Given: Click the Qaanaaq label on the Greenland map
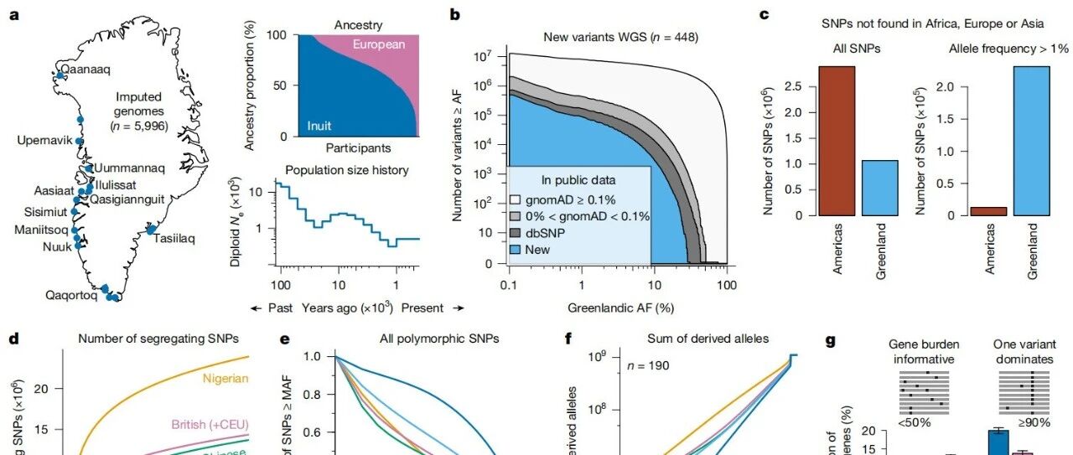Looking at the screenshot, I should (87, 70).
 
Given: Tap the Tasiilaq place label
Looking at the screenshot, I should (174, 239).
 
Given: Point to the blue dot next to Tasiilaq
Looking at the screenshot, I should (151, 229).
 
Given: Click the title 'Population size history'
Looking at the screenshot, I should (347, 170).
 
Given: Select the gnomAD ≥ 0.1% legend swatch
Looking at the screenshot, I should (516, 201).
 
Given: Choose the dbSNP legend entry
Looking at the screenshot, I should (548, 234).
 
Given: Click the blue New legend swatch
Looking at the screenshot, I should (516, 250).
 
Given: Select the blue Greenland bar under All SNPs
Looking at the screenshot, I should (878, 188).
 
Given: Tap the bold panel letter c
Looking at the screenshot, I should (766, 15).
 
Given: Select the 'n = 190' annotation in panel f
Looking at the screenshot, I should (651, 366).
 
